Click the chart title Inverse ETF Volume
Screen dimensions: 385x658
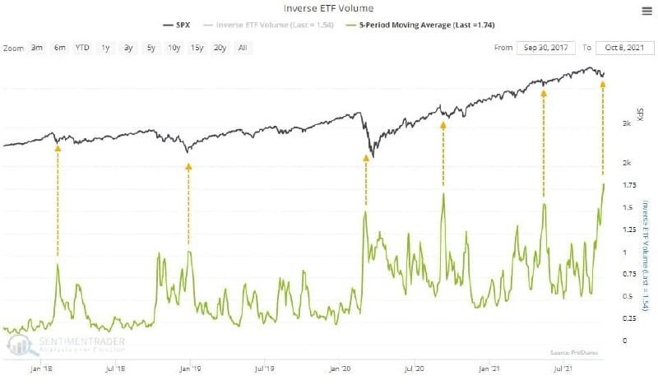point(328,8)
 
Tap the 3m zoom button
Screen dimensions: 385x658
point(37,48)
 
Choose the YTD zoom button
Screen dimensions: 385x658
point(82,48)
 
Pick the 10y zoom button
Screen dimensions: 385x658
point(174,48)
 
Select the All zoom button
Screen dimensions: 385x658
point(242,48)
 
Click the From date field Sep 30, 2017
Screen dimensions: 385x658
point(547,48)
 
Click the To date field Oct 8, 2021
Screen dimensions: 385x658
point(622,48)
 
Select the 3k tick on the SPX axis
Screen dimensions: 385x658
point(627,123)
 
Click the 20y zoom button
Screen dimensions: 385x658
point(220,48)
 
